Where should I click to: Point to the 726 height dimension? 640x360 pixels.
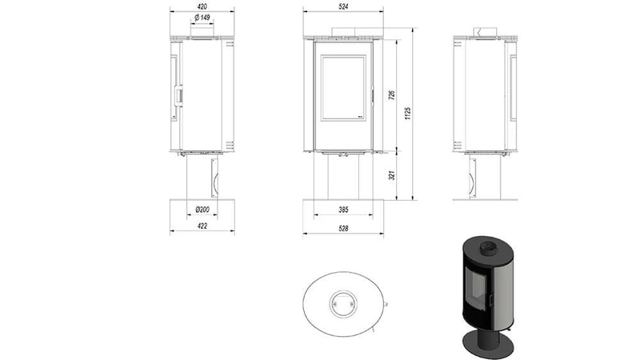[391, 94]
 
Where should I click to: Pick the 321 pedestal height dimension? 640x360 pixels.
[391, 174]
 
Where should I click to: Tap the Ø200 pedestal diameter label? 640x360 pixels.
[202, 211]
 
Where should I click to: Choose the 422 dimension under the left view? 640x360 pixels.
[202, 226]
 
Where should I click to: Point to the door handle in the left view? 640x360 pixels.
[179, 97]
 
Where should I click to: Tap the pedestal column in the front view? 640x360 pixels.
[342, 176]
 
